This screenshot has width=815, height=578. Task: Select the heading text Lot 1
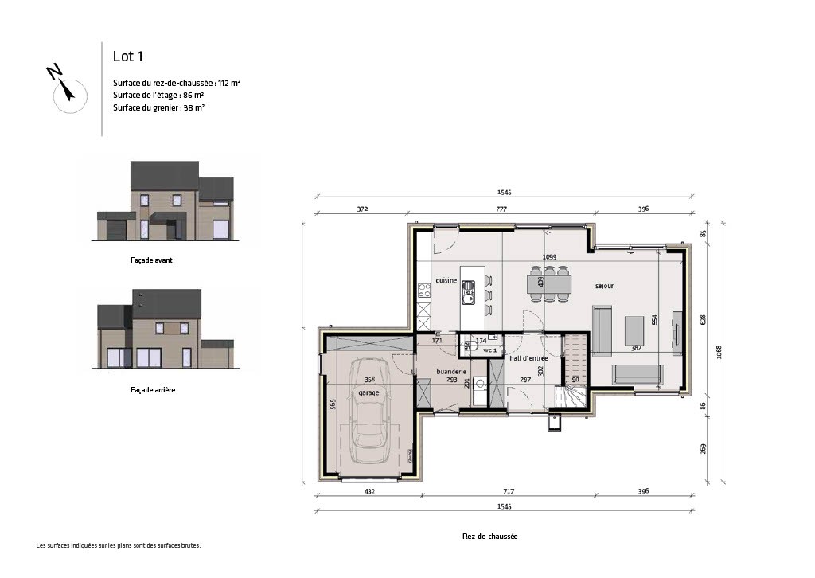click(128, 56)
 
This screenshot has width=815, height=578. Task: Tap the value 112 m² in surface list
click(230, 83)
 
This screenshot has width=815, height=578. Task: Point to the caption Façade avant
click(151, 260)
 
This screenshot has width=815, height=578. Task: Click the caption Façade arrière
click(152, 390)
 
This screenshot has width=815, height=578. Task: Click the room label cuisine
click(445, 281)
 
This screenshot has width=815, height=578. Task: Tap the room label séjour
click(603, 285)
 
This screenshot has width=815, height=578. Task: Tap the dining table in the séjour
click(549, 283)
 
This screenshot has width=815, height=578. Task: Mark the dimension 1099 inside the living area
click(548, 257)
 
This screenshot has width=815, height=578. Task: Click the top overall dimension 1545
click(503, 192)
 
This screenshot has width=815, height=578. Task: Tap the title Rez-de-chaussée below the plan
click(489, 537)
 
